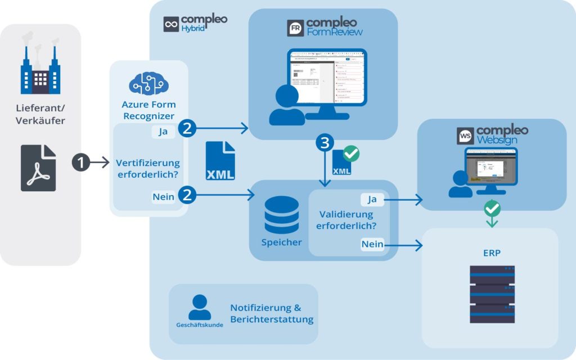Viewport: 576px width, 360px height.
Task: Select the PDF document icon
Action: [39, 168]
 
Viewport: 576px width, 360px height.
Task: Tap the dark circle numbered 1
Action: [81, 163]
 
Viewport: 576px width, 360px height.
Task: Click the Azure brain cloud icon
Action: [148, 83]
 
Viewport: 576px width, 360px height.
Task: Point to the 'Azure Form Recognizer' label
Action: [148, 110]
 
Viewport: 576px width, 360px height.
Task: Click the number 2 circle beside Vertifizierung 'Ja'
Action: [187, 129]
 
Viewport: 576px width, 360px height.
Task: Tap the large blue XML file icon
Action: [220, 161]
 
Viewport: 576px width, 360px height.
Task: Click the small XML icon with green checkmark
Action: [344, 162]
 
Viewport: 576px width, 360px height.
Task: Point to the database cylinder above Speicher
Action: [281, 215]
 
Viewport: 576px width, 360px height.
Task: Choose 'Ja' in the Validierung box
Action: [372, 199]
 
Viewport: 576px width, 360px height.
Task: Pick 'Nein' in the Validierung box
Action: [372, 244]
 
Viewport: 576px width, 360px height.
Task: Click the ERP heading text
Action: [490, 253]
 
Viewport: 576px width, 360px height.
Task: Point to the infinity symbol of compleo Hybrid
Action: [171, 24]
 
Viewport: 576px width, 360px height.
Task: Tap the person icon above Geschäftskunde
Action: [199, 307]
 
